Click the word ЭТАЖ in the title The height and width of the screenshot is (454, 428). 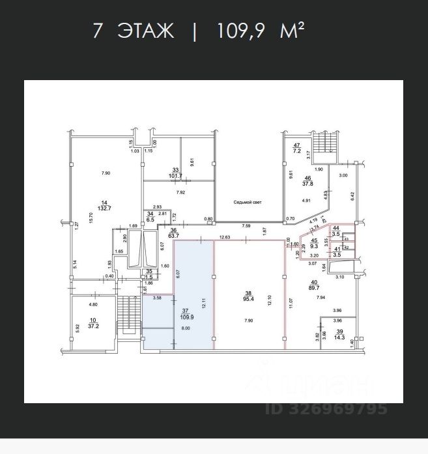tap(147, 31)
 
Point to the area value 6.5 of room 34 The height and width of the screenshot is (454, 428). tap(150, 220)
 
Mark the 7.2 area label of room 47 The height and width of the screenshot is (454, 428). tap(296, 150)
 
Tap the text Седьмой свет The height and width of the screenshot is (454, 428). tap(248, 203)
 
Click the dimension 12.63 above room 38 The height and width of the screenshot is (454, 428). tap(227, 237)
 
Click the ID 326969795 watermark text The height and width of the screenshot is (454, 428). tap(326, 409)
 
